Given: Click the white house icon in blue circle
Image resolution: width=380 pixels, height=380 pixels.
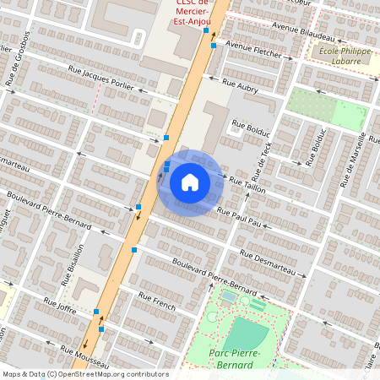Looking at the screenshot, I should (x=189, y=182).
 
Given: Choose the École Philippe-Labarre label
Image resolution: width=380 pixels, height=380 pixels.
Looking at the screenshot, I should (x=344, y=56).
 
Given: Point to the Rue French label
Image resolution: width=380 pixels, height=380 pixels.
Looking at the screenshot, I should (x=157, y=302).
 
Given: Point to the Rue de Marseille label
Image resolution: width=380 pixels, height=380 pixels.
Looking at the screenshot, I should (x=354, y=160).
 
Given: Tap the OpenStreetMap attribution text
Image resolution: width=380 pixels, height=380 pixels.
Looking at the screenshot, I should (x=84, y=373).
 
